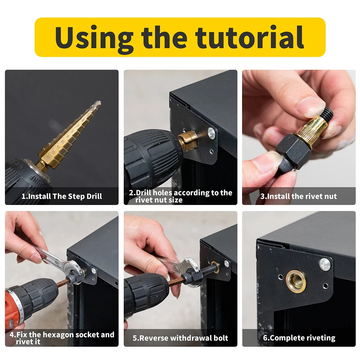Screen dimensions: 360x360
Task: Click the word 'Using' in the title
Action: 95,37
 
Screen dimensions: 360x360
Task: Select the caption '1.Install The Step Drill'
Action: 61,196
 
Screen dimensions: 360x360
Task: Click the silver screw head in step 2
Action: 212,133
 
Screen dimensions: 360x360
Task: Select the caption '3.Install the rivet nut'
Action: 299,196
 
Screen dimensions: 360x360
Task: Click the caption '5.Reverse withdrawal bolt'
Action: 180,338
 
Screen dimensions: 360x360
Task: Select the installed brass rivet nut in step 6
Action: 296,281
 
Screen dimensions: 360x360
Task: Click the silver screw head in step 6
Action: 325,264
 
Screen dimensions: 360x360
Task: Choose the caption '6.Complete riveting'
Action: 299,338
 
